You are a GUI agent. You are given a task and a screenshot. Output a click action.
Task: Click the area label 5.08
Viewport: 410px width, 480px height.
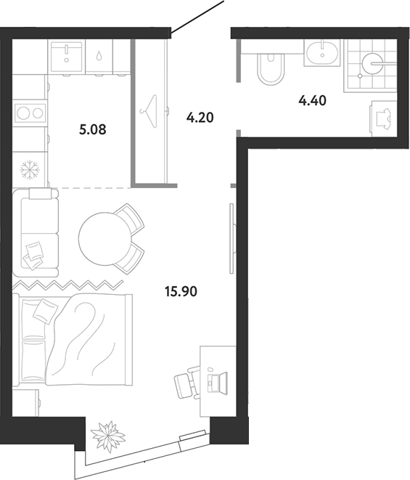coord(92,130)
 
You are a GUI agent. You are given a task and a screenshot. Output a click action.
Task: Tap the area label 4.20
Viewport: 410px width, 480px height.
coord(200,118)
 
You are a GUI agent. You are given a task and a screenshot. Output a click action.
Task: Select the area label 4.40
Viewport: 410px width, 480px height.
coord(312,100)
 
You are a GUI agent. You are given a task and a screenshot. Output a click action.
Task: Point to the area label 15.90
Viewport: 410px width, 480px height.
coord(181,291)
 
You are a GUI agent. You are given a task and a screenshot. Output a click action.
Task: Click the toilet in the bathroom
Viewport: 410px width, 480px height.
coord(271,69)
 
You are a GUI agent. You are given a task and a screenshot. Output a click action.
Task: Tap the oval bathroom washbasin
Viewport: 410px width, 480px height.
coord(322,54)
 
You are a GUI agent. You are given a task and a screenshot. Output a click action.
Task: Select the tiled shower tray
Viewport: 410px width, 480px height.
coord(370,65)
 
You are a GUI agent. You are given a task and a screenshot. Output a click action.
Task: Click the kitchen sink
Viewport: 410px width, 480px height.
coord(66,57)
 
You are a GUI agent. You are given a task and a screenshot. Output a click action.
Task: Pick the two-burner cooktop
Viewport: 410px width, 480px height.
coord(30,113)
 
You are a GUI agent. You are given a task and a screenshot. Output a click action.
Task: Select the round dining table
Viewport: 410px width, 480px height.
coord(104,239)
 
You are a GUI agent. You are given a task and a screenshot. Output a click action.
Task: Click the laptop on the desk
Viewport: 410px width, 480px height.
coord(217,382)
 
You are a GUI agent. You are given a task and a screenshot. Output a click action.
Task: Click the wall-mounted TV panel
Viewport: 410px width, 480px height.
coord(231,238)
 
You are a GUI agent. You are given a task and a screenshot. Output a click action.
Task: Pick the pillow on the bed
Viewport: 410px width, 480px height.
coord(45,311)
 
